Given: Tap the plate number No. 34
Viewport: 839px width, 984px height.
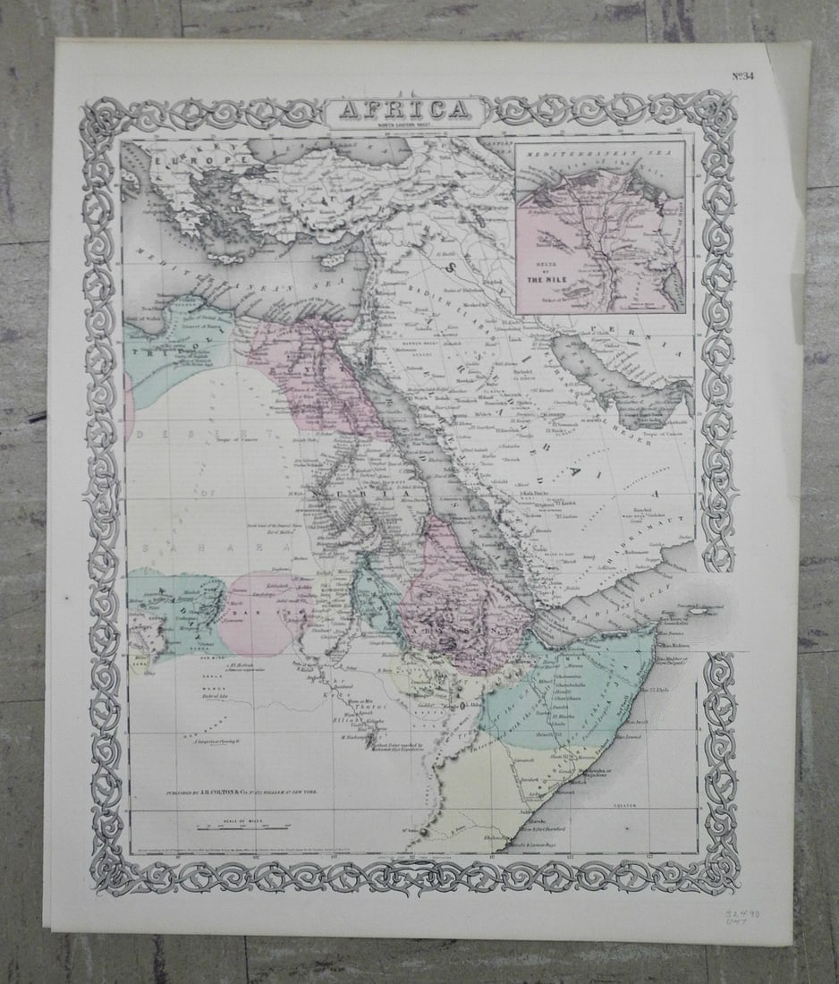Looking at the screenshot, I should [742, 75].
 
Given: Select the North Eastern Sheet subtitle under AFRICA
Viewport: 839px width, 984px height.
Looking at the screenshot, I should [407, 125].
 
